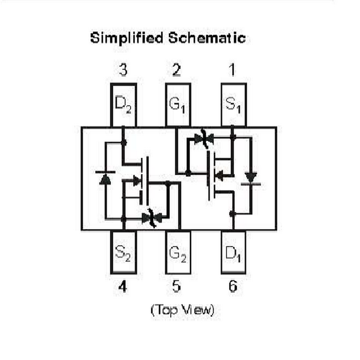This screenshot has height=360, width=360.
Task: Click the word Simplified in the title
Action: coord(127,38)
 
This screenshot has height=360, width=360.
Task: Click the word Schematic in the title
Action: coord(207,38)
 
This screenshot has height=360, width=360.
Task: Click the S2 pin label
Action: coord(123,253)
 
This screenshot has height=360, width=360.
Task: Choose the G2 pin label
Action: coord(178,253)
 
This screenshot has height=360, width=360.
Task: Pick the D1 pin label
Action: coord(233,253)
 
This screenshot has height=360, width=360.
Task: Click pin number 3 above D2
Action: coord(123,71)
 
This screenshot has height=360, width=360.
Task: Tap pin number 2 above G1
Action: coord(177,71)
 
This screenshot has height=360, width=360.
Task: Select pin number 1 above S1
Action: coord(232,71)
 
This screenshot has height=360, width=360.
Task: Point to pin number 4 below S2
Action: coord(123,287)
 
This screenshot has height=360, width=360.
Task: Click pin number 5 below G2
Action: coord(177,287)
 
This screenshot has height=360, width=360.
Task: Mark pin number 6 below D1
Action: coord(233,287)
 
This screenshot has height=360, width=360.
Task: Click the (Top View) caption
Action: coord(182,310)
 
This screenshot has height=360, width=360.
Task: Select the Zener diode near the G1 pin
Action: coord(204,139)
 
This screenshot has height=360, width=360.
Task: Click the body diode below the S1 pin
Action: coord(251,179)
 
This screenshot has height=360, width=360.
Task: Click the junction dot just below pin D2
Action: coord(123,142)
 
